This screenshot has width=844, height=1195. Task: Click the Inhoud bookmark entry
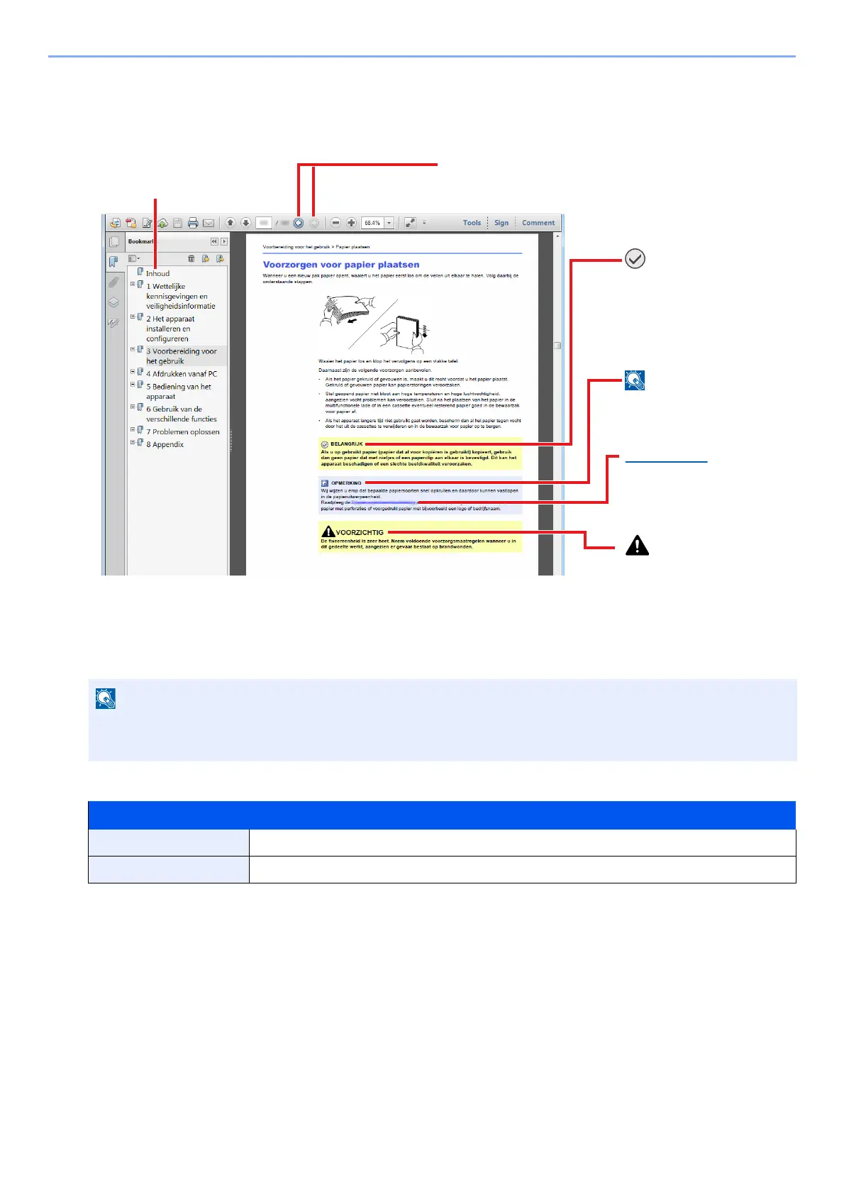click(x=157, y=273)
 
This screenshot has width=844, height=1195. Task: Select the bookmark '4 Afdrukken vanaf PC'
click(x=182, y=374)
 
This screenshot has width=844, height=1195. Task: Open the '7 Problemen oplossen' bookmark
click(x=183, y=432)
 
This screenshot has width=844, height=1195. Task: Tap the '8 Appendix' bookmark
click(x=165, y=445)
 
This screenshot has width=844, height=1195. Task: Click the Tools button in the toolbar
click(x=472, y=223)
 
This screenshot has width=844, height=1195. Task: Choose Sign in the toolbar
click(x=501, y=223)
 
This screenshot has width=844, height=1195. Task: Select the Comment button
click(x=538, y=223)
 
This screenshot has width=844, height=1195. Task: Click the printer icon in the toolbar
click(x=193, y=223)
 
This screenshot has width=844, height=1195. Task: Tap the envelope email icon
click(x=209, y=223)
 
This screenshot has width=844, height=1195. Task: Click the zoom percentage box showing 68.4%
click(x=372, y=223)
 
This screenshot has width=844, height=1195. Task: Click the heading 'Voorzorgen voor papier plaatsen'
click(x=341, y=265)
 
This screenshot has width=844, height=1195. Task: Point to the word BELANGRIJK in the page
click(x=347, y=444)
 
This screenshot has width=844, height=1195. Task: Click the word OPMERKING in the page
click(x=346, y=483)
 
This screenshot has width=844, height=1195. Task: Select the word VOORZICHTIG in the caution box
click(x=360, y=532)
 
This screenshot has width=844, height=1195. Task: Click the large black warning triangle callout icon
click(x=638, y=545)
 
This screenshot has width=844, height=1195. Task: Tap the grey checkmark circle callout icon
click(x=635, y=259)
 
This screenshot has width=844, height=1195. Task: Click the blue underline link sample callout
click(x=667, y=462)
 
